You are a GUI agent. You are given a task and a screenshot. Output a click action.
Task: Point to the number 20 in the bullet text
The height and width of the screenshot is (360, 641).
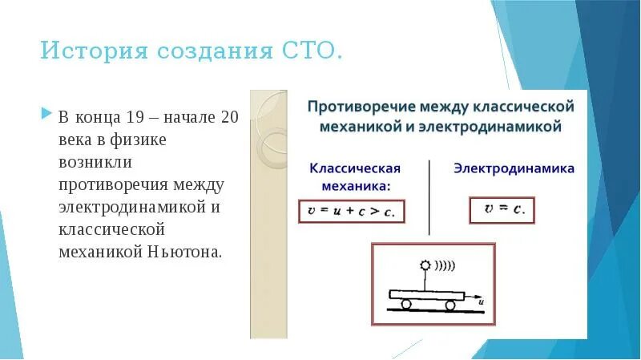pos(229,117)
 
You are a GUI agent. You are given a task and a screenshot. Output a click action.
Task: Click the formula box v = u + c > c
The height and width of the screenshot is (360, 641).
pos(352,211)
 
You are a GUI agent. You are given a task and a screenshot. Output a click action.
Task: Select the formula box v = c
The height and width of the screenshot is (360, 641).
pos(502,210)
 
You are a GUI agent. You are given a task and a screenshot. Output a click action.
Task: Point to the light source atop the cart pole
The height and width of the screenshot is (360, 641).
pos(424,265)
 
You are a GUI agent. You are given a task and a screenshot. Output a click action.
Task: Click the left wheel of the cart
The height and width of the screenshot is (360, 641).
pos(407,304)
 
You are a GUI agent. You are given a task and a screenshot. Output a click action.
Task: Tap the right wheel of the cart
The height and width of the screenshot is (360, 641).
pos(450,304)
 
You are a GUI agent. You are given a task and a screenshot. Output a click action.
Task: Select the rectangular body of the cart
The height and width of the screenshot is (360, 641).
pos(429,294)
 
